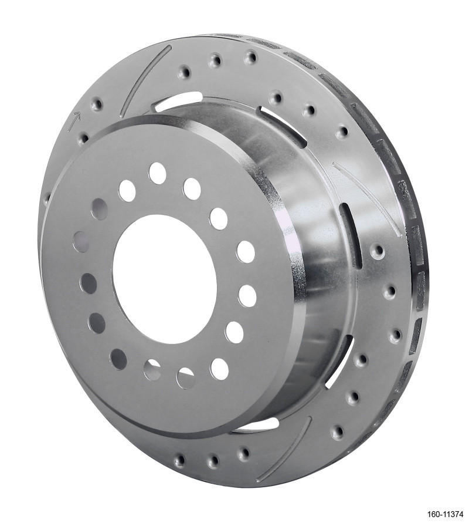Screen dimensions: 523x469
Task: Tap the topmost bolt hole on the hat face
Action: (157, 172)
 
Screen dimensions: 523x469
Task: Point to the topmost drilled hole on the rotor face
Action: (251, 58)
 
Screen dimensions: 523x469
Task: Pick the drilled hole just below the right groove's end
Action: (379, 252)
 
